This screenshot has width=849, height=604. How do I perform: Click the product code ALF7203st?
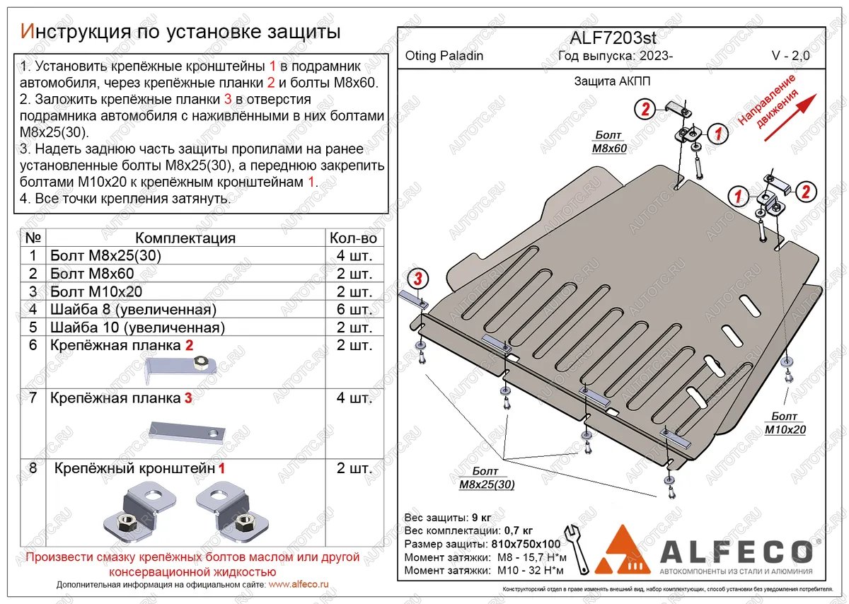click(x=612, y=38)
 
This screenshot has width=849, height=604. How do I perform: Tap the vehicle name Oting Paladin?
click(x=444, y=56)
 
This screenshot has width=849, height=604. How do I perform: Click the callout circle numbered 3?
click(x=418, y=279)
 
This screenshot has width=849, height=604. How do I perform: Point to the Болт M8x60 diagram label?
click(x=608, y=141)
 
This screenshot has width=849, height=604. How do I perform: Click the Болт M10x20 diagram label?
click(x=785, y=423)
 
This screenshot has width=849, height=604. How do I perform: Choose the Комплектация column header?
click(x=185, y=238)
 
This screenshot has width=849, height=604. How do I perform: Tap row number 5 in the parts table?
click(x=31, y=327)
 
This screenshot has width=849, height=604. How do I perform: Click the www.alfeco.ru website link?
click(x=299, y=585)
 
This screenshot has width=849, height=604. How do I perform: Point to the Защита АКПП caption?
click(x=612, y=81)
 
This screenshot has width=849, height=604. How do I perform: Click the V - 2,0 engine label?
click(x=790, y=56)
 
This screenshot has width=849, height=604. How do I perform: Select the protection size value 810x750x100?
click(x=525, y=544)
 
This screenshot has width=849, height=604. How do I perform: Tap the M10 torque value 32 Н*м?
click(x=544, y=570)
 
